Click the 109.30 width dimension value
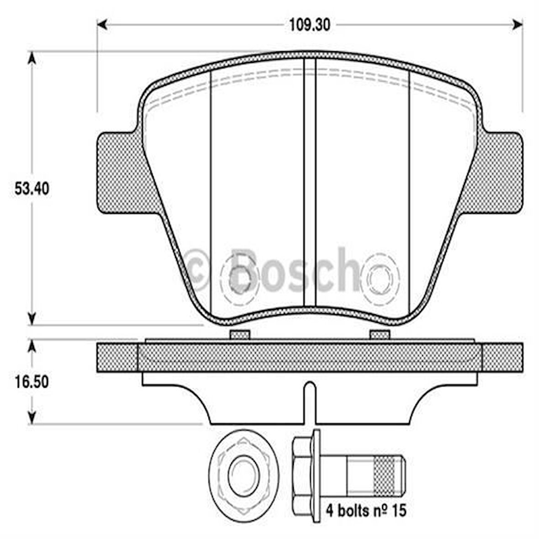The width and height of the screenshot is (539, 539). coord(309,25)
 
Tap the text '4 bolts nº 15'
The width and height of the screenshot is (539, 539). coord(366,510)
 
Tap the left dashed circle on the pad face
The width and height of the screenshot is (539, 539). coord(240,278)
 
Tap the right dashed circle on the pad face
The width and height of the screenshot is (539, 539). coord(380,278)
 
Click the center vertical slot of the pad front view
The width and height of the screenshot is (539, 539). coord(310,183)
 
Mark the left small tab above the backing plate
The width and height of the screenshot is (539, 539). coord(239,335)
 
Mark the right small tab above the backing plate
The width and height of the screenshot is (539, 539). coord(379,335)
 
